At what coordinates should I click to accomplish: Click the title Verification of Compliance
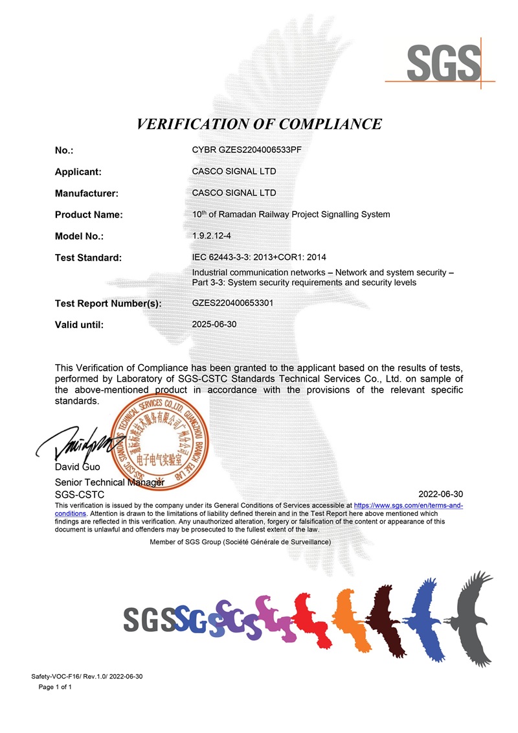(x=259, y=124)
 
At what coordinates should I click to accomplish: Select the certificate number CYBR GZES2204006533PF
(x=247, y=150)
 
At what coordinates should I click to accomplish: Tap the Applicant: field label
(x=78, y=172)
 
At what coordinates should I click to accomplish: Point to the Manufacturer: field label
(x=86, y=193)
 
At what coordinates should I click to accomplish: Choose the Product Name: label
(x=89, y=215)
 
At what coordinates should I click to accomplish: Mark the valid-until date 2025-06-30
(x=214, y=324)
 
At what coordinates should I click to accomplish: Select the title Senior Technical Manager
(x=109, y=482)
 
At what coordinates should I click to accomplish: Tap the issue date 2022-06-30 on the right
(x=441, y=494)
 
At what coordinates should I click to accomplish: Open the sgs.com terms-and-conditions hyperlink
(x=408, y=504)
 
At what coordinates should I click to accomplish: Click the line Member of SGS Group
(x=240, y=541)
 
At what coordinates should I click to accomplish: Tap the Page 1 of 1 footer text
(x=55, y=687)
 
